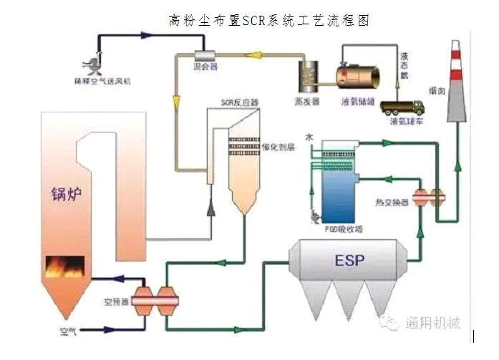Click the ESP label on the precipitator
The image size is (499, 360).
coord(349,261)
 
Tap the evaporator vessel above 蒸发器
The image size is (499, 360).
coord(309,73)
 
